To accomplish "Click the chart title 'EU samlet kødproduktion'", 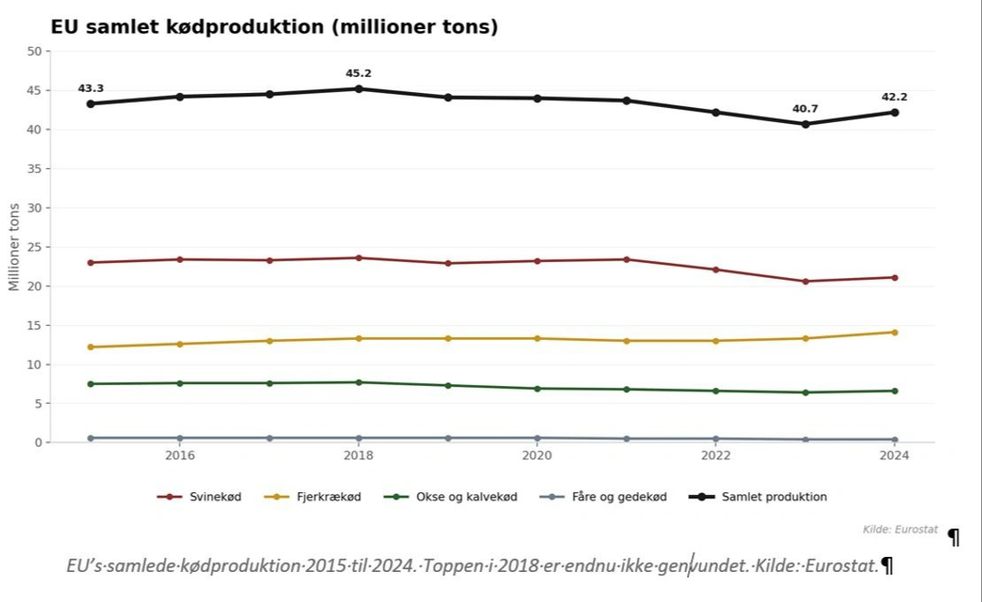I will pyautogui.click(x=274, y=27).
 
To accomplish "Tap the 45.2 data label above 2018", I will pyautogui.click(x=359, y=73).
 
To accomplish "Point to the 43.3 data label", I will pyautogui.click(x=90, y=89).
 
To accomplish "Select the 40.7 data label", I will pyautogui.click(x=805, y=109).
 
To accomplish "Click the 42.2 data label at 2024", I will pyautogui.click(x=894, y=97).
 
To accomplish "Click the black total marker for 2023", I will pyautogui.click(x=806, y=124).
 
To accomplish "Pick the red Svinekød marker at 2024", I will pyautogui.click(x=894, y=277).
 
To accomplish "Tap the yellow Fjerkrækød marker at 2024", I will pyautogui.click(x=894, y=332).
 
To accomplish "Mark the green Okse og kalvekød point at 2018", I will pyautogui.click(x=359, y=382).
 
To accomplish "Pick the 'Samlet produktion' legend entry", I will pyautogui.click(x=761, y=497).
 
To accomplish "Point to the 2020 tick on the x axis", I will pyautogui.click(x=537, y=455).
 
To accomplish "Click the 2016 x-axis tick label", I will pyautogui.click(x=180, y=455).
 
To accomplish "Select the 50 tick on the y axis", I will pyautogui.click(x=35, y=51).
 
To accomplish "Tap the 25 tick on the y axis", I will pyautogui.click(x=35, y=247).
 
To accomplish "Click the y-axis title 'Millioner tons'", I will pyautogui.click(x=14, y=247).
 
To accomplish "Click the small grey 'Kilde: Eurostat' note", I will pyautogui.click(x=899, y=529).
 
